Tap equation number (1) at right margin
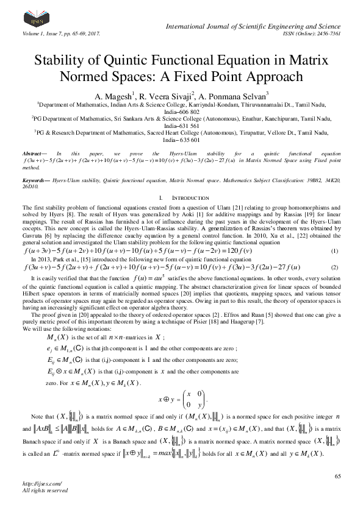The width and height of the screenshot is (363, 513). tap(334, 252)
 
